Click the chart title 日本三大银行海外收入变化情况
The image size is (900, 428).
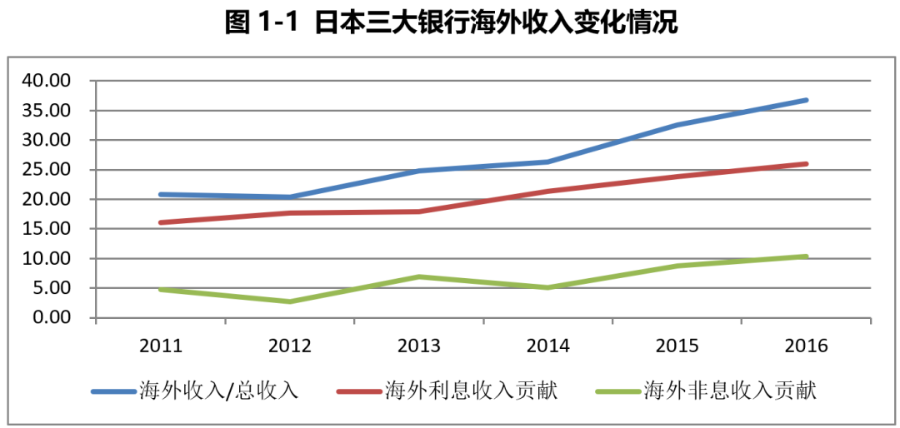(x=451, y=22)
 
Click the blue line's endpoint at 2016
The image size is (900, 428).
(x=806, y=100)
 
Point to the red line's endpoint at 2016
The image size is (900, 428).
(x=806, y=164)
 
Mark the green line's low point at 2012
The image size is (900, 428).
(x=290, y=301)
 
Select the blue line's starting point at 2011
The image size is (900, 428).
(x=161, y=195)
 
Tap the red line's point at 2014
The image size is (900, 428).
(x=547, y=192)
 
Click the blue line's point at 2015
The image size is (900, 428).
(x=677, y=125)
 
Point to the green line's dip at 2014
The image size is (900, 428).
(x=547, y=287)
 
